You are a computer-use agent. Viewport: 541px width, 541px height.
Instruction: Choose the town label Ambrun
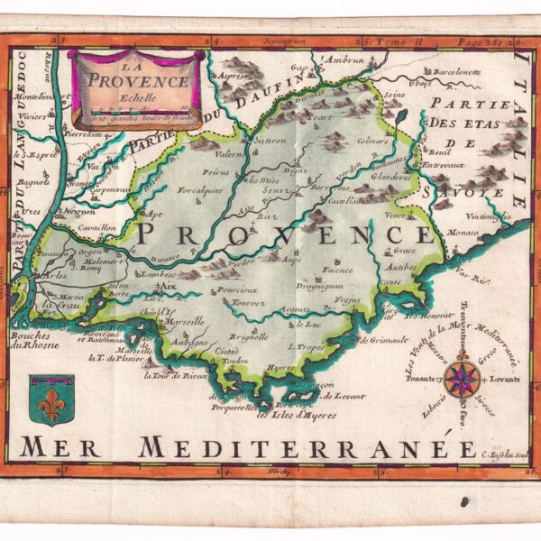(344, 60)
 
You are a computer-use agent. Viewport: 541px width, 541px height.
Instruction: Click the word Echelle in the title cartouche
(136, 96)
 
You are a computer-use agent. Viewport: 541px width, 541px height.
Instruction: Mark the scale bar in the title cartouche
(136, 106)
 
